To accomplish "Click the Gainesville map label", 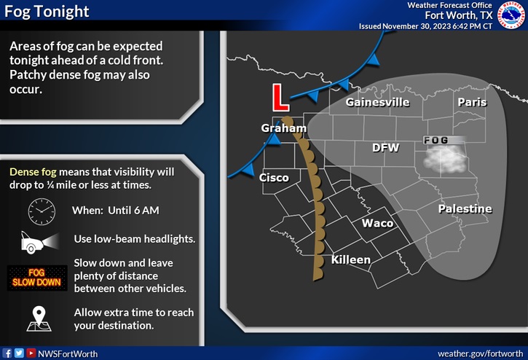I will (377, 103).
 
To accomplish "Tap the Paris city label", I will (472, 103).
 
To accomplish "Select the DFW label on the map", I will (385, 147).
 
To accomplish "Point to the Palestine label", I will (465, 209).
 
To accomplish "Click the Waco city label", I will (378, 223).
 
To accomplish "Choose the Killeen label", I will (351, 259).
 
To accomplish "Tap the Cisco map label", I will (275, 178).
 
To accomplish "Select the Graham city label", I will (284, 129).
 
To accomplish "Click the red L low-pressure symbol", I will (277, 98).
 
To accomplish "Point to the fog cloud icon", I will (446, 157).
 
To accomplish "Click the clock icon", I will (42, 211).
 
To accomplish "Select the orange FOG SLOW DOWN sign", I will (36, 278).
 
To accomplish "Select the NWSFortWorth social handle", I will (66, 353).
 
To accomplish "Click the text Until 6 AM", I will (135, 211).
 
